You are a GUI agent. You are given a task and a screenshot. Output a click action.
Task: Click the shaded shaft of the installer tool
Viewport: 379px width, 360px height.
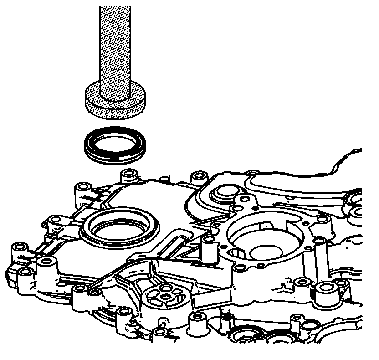[x=115, y=46]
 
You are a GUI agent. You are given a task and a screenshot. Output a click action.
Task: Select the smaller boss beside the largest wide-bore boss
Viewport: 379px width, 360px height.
[x=301, y=283]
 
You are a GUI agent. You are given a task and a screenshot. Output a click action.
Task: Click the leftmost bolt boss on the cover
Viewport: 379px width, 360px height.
[x=19, y=248]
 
